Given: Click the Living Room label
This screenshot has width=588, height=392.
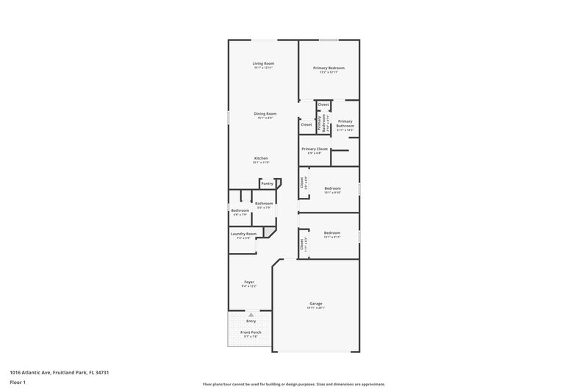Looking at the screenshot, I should coord(263,64).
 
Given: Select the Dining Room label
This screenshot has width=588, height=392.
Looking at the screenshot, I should coord(265,113).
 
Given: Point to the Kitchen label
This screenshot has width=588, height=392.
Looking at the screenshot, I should coord(261,158).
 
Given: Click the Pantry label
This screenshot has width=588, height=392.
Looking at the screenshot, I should coord(267,183).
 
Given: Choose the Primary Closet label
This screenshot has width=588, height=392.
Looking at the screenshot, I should coord(314,149).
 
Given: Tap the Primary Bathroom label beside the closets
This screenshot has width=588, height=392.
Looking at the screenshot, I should coord(345,124).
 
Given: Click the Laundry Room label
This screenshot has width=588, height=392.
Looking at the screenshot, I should coord(243,234).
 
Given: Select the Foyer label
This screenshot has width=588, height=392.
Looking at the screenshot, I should coord(249,282).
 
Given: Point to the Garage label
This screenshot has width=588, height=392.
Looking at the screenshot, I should coord(316,303).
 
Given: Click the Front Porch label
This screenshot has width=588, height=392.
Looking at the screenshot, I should coord(251,332).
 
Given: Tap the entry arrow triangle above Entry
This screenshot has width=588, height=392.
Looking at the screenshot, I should coord(251,314).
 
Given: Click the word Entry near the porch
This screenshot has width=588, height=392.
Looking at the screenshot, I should coord(251,321).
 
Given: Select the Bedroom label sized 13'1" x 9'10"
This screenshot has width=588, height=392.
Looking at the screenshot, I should coord(332,188).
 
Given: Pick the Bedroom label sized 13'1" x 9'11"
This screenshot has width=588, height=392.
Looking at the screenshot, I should coord(332,233).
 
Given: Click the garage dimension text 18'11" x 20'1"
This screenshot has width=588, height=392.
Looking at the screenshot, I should coord(316,308).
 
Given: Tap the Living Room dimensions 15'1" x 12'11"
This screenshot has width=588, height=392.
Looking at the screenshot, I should coord(263,68).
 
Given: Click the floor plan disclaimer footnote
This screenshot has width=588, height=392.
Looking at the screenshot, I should coord(294,384).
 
